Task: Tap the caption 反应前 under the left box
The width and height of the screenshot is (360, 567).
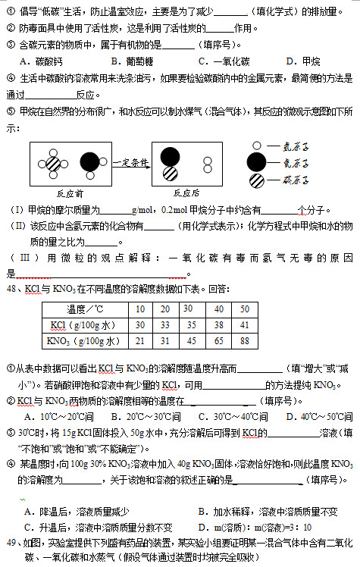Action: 70,193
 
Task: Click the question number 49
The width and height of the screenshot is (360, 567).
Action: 11,543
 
